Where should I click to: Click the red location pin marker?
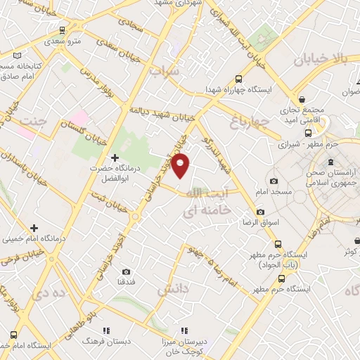(181, 167)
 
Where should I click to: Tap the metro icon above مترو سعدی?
(64, 31)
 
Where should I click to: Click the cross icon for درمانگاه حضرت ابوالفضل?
(115, 157)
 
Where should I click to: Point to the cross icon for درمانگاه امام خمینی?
(34, 227)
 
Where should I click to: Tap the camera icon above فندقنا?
(127, 271)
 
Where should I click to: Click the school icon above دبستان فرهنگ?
(105, 330)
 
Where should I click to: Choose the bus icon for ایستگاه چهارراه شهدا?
(238, 79)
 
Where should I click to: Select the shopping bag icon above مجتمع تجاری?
(302, 101)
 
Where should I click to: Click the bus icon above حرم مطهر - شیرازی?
(307, 131)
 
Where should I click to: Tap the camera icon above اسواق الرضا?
(260, 212)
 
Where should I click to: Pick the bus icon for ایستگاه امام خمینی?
(14, 335)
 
